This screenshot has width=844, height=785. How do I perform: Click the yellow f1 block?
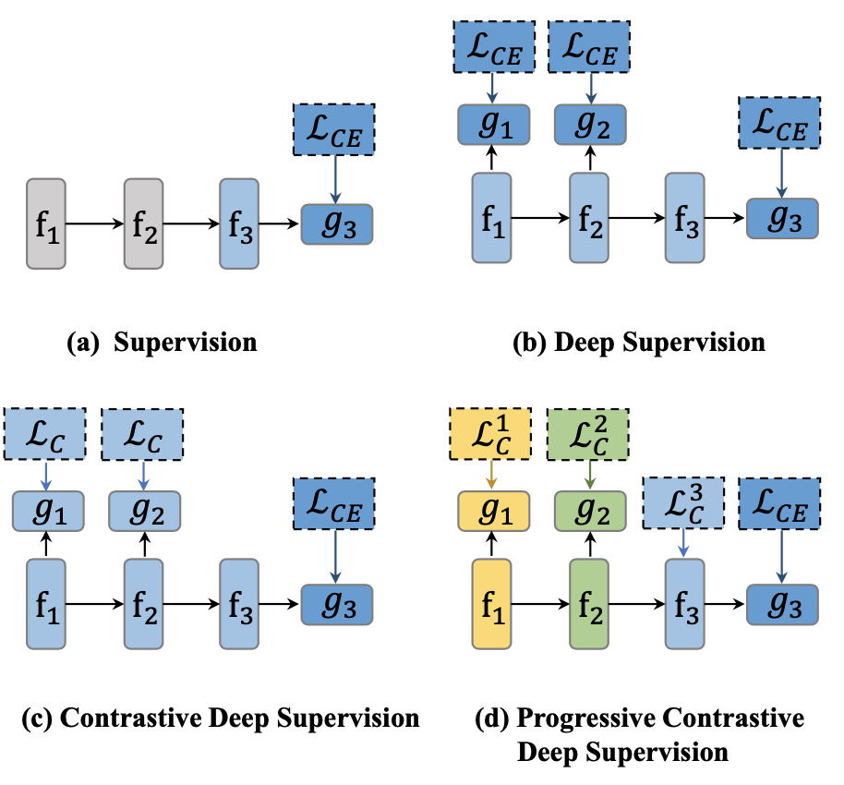[x=491, y=604]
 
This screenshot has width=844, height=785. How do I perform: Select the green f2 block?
[x=588, y=604]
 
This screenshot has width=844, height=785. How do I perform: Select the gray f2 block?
[x=144, y=223]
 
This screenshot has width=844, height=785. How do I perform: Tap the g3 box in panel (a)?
[x=337, y=223]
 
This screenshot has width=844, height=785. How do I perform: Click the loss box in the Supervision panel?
[x=334, y=129]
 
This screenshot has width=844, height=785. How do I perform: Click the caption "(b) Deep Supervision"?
[x=639, y=344]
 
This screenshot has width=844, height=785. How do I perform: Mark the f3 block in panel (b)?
[x=684, y=219]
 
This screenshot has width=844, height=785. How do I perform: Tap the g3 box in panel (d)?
[x=783, y=604]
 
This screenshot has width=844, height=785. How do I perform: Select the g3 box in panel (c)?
[x=337, y=604]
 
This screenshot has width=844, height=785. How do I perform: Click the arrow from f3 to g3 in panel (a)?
[x=280, y=223]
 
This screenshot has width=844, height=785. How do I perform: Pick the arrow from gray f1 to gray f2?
[x=95, y=223]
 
